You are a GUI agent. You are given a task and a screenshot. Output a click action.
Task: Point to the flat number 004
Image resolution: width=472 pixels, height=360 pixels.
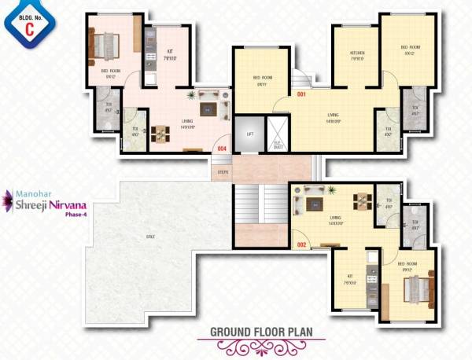point(222,149)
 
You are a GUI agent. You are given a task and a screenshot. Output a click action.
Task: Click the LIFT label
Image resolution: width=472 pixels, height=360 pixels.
point(250,134)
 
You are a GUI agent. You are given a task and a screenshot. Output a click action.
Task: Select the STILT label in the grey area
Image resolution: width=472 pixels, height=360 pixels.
point(149,236)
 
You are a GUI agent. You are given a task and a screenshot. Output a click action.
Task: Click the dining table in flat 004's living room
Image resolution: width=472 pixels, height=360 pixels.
point(160,134)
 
